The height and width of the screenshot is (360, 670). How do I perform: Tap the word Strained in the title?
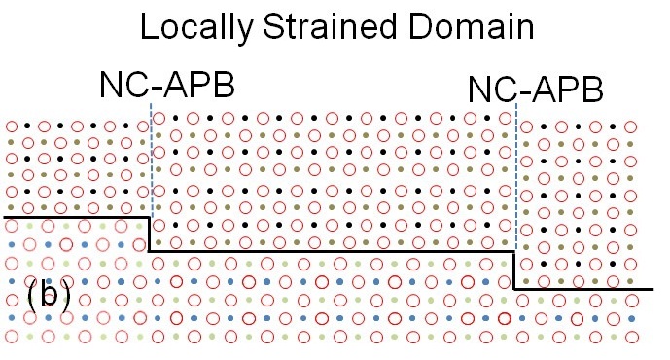(x=330, y=26)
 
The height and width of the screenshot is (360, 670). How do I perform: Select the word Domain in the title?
(x=471, y=26)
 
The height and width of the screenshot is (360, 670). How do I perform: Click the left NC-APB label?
(x=167, y=85)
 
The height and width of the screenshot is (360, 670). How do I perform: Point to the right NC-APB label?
(x=536, y=90)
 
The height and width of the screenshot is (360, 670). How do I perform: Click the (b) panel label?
(x=49, y=294)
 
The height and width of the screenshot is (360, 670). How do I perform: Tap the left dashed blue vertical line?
(x=152, y=159)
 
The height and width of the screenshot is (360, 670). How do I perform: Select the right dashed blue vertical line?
(x=516, y=176)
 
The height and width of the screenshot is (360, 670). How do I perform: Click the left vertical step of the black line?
(x=149, y=234)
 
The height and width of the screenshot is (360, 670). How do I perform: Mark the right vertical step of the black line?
(x=514, y=270)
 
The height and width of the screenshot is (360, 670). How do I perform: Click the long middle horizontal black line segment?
(x=332, y=251)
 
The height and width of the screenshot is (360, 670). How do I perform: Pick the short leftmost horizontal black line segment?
(x=77, y=218)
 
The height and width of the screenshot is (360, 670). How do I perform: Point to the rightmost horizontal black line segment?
(x=583, y=289)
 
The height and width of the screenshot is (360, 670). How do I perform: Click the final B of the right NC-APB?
(x=592, y=90)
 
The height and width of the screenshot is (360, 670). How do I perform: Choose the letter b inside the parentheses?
(x=49, y=293)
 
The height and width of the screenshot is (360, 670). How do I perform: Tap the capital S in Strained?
(x=274, y=26)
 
